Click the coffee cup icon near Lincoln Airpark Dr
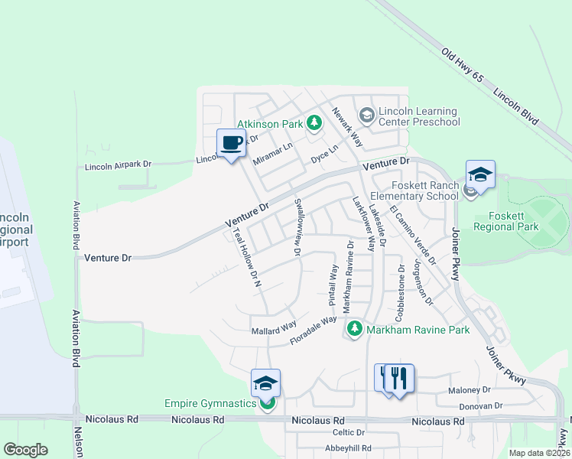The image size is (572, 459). click(231, 142)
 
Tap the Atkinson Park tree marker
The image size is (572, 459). click(313, 122)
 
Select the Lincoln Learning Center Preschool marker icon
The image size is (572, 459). click(366, 116)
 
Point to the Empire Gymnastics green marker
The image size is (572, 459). click(267, 403)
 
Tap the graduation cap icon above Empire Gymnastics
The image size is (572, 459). click(265, 382)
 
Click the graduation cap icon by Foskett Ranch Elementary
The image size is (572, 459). click(480, 174)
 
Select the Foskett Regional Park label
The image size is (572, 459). click(506, 220)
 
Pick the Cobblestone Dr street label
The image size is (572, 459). click(400, 293)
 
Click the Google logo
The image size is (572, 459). click(25, 450)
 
